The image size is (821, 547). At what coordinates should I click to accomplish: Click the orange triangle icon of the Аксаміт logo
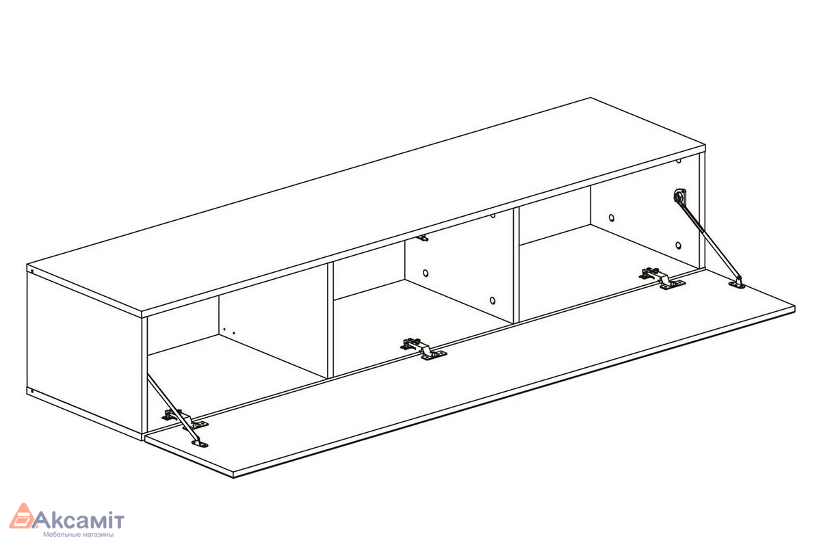(x=23, y=517)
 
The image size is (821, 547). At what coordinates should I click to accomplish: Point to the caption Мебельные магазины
(x=78, y=535)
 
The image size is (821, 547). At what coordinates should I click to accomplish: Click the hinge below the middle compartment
(x=423, y=348)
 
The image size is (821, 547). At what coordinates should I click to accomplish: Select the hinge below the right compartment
(x=661, y=278)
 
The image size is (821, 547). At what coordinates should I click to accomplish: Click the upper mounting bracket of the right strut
(x=679, y=196)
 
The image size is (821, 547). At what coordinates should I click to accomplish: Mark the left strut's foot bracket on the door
(x=199, y=444)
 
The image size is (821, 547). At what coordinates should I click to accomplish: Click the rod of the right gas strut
(x=708, y=240)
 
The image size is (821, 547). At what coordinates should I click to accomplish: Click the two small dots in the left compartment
(x=229, y=332)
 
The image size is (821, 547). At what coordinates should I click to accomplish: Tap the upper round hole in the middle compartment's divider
(x=426, y=273)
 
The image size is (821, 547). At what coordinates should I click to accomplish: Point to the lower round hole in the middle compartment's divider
(x=491, y=300)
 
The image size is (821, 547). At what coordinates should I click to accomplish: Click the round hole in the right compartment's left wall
(x=611, y=219)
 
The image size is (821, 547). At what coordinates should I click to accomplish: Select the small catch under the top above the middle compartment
(x=423, y=238)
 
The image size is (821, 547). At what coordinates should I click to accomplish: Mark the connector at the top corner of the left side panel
(x=31, y=271)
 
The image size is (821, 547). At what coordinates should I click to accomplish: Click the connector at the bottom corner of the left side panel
(x=31, y=391)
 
